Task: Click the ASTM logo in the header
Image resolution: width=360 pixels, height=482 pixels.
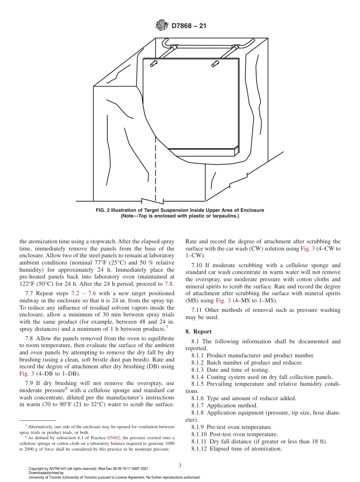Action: click(x=162, y=26)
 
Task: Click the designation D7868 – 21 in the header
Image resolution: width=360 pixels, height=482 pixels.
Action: click(x=189, y=26)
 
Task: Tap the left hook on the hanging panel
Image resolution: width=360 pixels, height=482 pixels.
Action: click(x=154, y=63)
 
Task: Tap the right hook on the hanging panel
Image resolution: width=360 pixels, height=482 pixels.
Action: click(x=215, y=63)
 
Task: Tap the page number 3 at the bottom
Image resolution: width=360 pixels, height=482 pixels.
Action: click(x=180, y=466)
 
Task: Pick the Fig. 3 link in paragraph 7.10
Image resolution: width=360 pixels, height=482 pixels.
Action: click(x=221, y=300)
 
